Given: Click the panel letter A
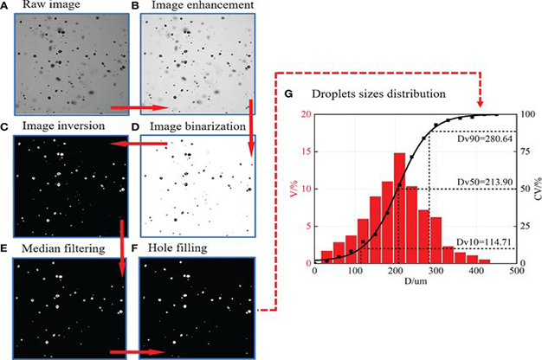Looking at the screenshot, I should click(6, 7).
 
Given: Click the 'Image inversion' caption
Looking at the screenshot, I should click(59, 126).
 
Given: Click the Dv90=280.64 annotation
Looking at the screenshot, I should click(474, 138).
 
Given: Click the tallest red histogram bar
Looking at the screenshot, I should click(399, 208).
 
